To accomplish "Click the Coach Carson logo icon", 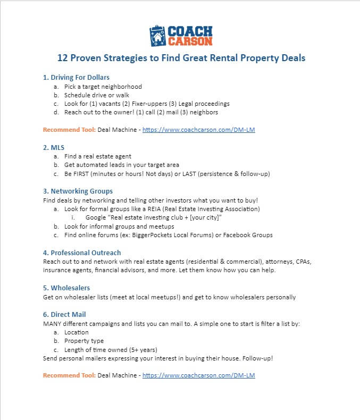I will (x=158, y=36).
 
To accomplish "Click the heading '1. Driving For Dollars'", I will (x=76, y=78).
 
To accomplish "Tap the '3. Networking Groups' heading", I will (x=78, y=191).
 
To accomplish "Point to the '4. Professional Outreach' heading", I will (x=82, y=253).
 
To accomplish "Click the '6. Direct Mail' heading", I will (x=64, y=315).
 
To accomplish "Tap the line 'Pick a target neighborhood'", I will (x=103, y=86).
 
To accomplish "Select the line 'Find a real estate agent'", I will (x=98, y=156).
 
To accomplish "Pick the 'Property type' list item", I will (x=84, y=341).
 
